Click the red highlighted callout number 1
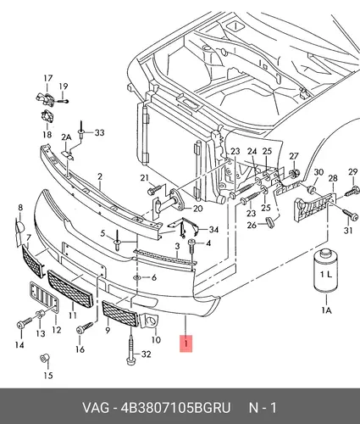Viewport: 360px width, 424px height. click(186, 343)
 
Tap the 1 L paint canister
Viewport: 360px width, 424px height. click(326, 270)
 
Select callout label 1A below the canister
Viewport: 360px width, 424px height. click(326, 310)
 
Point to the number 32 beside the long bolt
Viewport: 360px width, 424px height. click(146, 354)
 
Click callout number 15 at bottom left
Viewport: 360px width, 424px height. click(48, 376)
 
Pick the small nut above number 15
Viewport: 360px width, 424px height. click(45, 359)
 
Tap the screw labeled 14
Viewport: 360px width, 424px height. click(25, 323)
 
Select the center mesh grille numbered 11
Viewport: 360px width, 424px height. click(70, 288)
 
